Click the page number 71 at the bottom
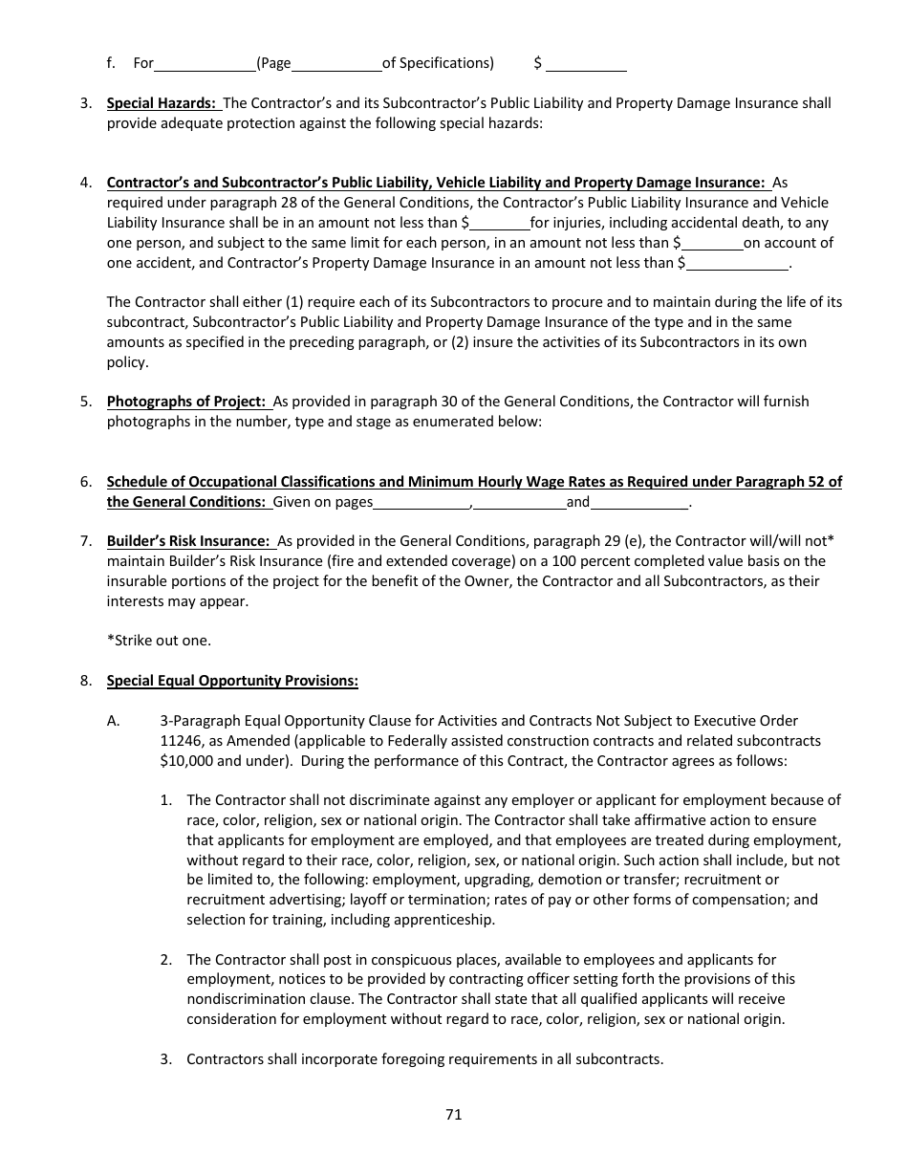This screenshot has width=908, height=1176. [453, 1114]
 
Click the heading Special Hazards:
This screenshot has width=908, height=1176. [162, 103]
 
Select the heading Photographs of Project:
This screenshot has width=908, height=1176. [187, 402]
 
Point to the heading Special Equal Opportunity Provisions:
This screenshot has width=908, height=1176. [232, 681]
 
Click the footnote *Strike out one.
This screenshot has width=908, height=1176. [159, 640]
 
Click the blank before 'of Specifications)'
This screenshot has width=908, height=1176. [336, 65]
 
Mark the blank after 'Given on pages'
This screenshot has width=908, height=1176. [421, 503]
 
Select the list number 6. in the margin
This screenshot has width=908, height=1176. [86, 482]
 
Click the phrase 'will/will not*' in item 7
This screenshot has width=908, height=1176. [782, 541]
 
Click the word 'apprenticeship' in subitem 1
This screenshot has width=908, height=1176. [449, 920]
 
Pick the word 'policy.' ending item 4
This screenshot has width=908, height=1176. [128, 362]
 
